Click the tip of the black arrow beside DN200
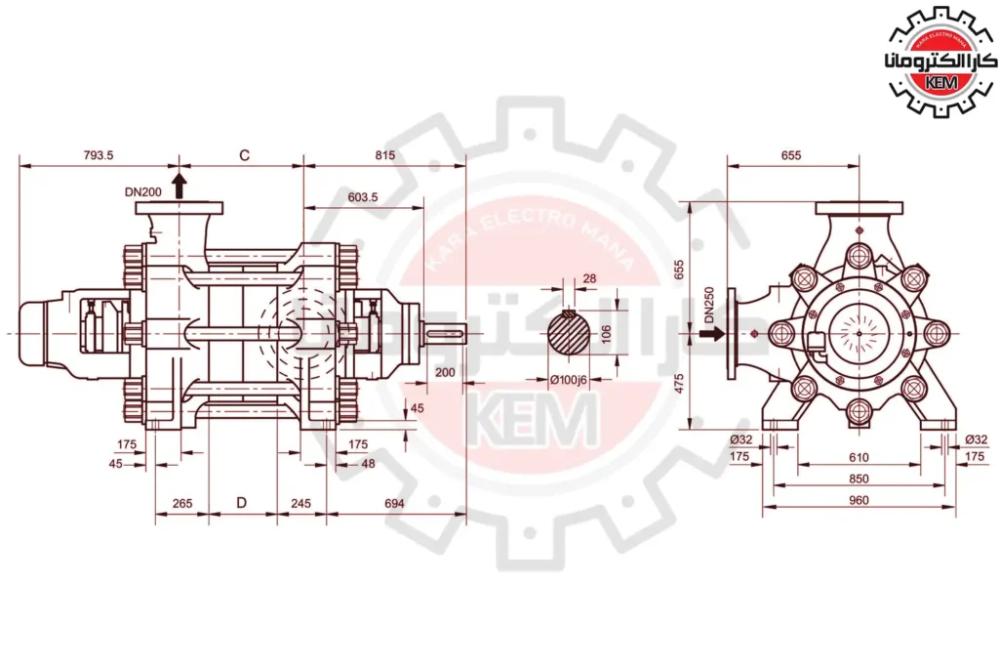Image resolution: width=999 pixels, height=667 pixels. (180, 172)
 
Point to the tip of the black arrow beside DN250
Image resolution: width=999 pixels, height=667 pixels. (725, 333)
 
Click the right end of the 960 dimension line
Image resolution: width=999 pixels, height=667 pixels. (956, 507)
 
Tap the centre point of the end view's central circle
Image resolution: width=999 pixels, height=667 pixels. (859, 333)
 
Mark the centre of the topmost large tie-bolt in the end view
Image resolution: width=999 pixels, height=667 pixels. (859, 255)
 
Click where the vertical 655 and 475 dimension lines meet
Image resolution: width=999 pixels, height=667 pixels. (691, 333)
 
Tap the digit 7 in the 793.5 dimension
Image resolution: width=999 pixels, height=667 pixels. (87, 155)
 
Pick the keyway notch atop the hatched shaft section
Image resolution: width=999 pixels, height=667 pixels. (570, 313)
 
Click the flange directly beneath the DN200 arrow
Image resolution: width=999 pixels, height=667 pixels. (180, 207)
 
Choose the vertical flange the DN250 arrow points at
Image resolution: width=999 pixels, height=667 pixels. (731, 334)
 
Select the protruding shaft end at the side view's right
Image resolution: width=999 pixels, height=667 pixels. (444, 333)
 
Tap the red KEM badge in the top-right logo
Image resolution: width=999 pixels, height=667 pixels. (941, 82)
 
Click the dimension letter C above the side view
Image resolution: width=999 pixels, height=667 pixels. (244, 155)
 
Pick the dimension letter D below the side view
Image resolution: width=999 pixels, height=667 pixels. (242, 503)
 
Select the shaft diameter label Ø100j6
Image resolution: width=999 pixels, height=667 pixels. (568, 380)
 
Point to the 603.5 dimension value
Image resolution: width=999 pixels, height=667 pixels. (363, 197)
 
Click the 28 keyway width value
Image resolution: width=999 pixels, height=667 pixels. (589, 278)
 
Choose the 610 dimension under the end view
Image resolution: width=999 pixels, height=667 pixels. (859, 457)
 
